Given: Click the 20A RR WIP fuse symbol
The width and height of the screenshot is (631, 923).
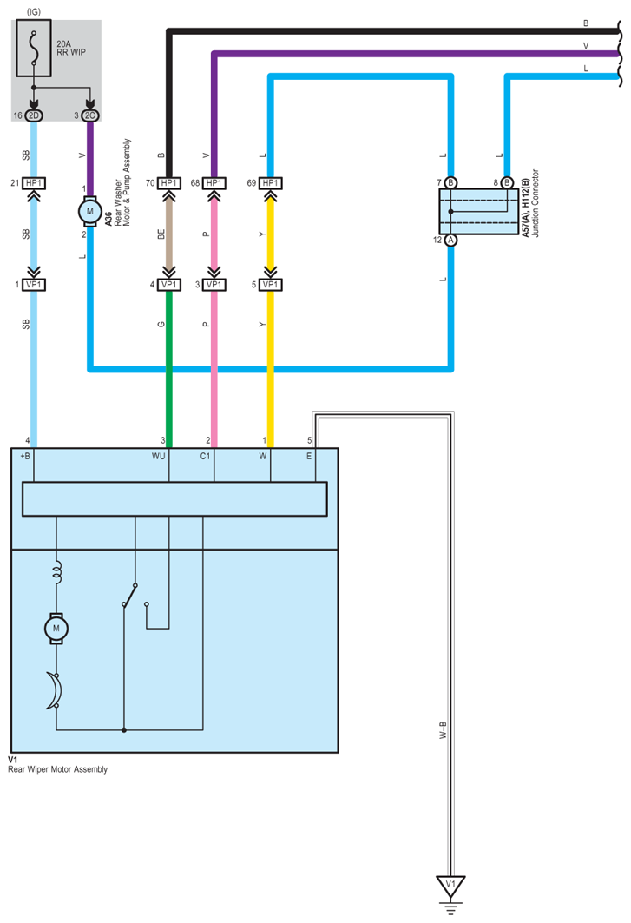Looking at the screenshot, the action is tap(34, 49).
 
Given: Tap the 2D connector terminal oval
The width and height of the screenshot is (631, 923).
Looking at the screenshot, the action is tap(34, 115).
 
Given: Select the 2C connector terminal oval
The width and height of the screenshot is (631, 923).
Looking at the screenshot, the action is tap(90, 115).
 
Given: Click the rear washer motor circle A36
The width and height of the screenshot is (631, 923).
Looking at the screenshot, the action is tap(90, 211).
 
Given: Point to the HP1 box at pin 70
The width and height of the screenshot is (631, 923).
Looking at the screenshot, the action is tap(169, 183).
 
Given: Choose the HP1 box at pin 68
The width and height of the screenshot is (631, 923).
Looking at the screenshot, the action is tap(214, 183).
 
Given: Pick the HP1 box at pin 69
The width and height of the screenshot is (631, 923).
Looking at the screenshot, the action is tap(270, 183).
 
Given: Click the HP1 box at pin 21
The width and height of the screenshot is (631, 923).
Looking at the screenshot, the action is tap(34, 183).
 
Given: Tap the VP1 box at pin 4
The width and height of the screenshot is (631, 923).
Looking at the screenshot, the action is tap(169, 284).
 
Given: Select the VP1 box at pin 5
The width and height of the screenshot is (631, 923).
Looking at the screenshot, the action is tap(270, 284).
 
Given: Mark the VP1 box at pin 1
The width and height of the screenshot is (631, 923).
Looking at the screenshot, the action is tap(34, 284).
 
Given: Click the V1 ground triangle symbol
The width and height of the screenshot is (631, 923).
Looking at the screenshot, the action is tap(450, 886).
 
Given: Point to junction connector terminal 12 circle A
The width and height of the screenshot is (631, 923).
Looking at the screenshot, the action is tap(450, 240).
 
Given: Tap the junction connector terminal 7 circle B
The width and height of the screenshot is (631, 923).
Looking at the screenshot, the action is tap(450, 182).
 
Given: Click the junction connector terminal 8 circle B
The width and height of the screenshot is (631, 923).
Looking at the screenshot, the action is tap(507, 182).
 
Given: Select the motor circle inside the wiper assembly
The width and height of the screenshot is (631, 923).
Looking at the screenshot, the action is tap(56, 628).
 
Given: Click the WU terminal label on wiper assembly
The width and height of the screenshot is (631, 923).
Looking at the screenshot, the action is tap(158, 456).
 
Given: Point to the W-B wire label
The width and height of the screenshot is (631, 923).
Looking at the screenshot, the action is tap(443, 730).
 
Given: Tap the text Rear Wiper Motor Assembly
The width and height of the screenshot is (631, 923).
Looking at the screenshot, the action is tap(57, 769).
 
